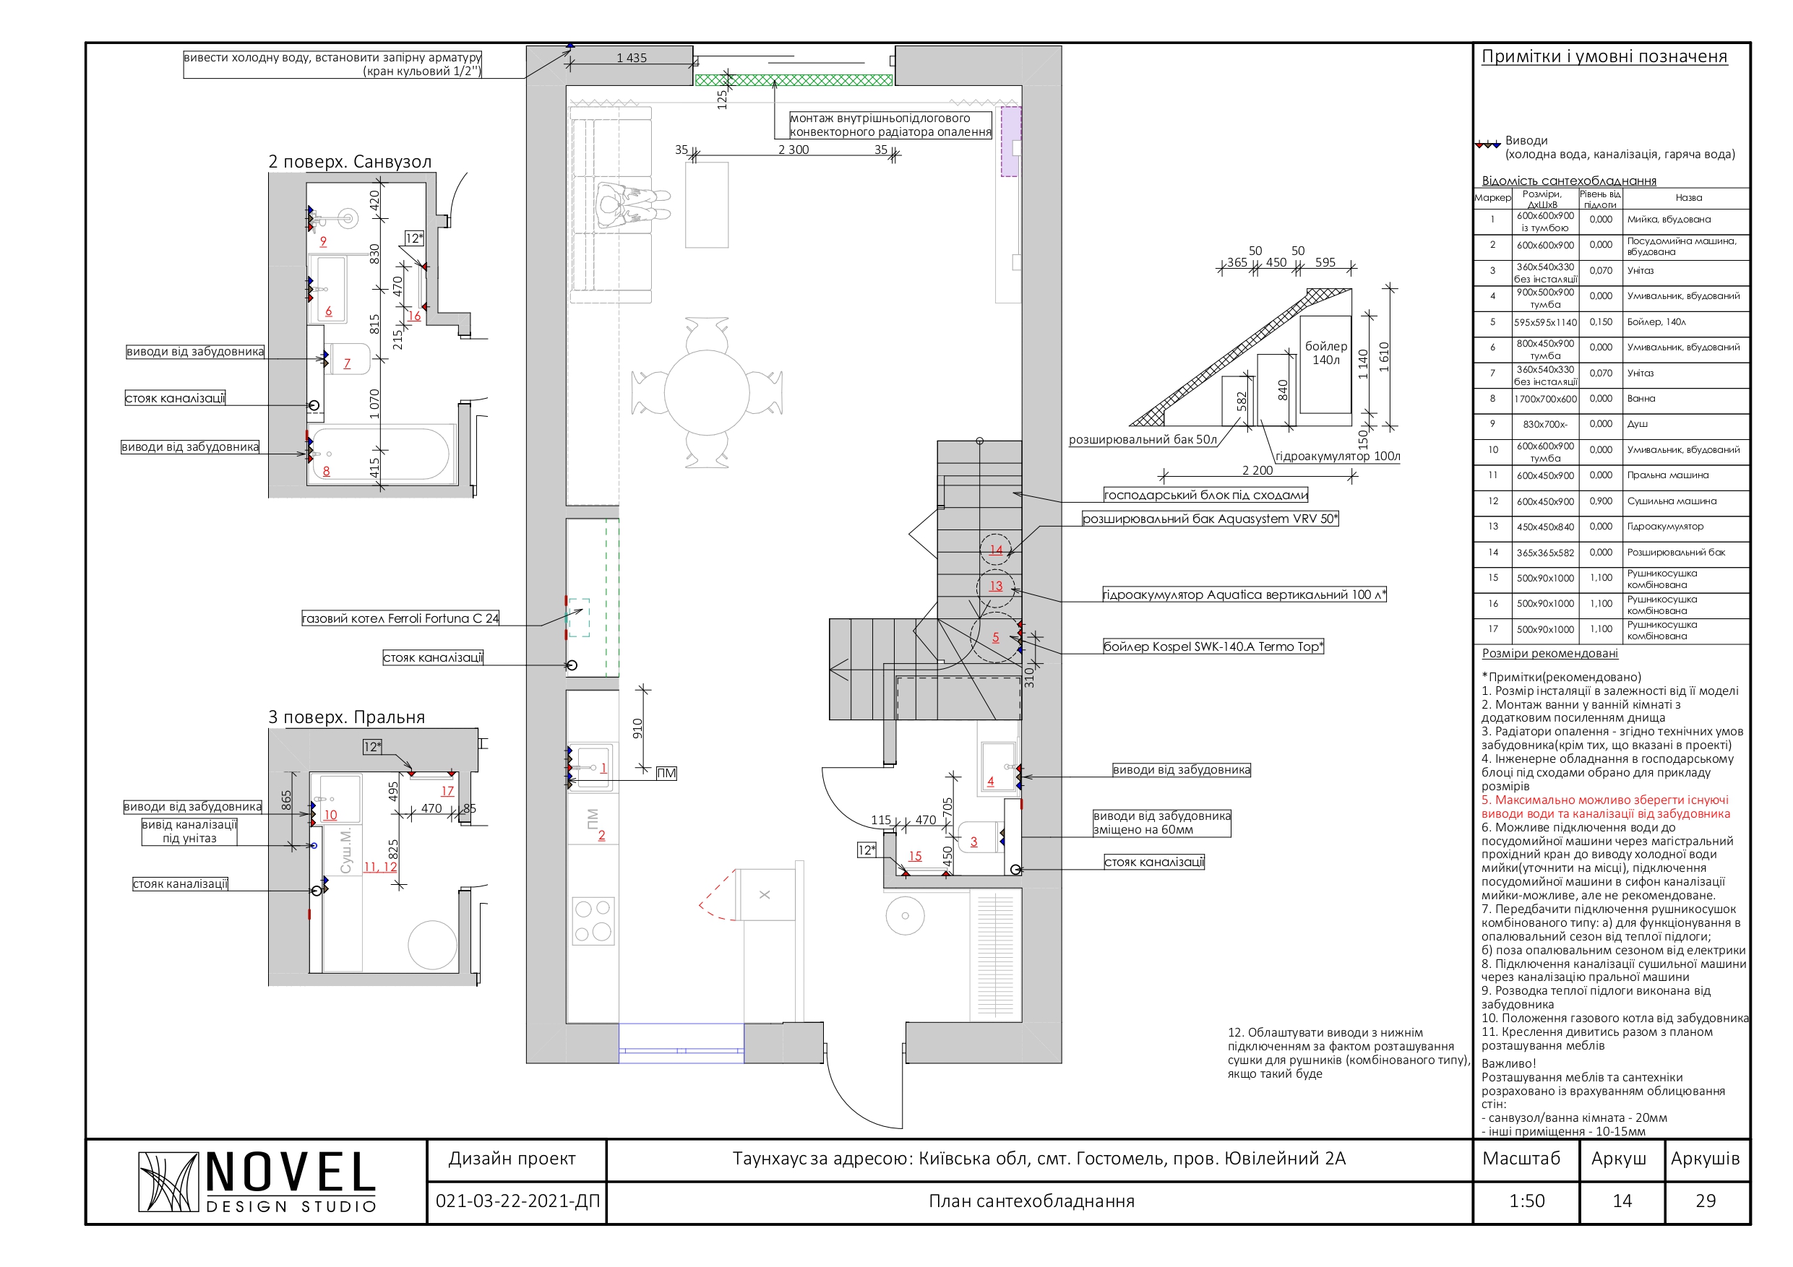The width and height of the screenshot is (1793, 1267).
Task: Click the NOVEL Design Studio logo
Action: click(257, 1181)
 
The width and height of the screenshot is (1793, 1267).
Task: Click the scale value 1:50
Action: click(1527, 1201)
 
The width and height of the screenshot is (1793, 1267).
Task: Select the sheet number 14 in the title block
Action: click(1622, 1201)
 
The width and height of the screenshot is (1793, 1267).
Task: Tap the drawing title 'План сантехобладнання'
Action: click(1031, 1201)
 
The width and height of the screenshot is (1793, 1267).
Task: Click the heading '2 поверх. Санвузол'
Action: click(350, 162)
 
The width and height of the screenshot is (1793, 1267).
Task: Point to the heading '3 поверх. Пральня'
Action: click(347, 717)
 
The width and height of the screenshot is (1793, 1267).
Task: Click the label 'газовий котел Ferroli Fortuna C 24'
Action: click(400, 618)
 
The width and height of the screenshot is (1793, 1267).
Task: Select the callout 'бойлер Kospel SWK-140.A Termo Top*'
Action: click(1213, 647)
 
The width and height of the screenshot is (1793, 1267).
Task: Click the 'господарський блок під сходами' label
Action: click(1205, 495)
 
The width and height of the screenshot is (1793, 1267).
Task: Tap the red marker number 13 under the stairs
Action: click(996, 586)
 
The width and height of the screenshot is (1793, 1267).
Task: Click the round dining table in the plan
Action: click(707, 392)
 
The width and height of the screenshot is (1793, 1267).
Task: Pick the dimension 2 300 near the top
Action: click(794, 149)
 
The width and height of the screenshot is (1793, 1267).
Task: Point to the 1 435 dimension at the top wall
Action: click(632, 58)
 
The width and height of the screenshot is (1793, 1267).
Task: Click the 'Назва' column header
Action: click(1688, 197)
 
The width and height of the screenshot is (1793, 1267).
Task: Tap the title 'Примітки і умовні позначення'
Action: click(1604, 56)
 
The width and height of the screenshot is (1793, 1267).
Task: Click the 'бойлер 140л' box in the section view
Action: click(1326, 365)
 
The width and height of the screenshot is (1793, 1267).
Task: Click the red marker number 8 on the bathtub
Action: click(327, 471)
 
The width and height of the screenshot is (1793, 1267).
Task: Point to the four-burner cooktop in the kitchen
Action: click(594, 920)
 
